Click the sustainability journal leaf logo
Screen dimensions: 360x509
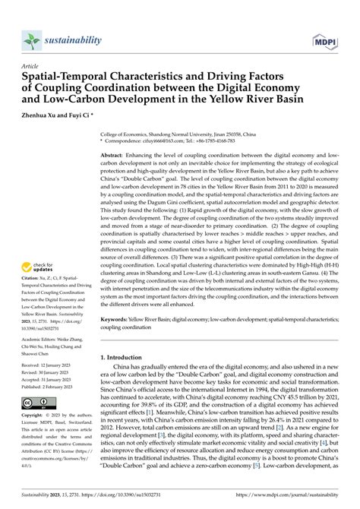(31, 40)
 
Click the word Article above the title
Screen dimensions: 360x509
(33, 66)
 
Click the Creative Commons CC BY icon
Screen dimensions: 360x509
(38, 400)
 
